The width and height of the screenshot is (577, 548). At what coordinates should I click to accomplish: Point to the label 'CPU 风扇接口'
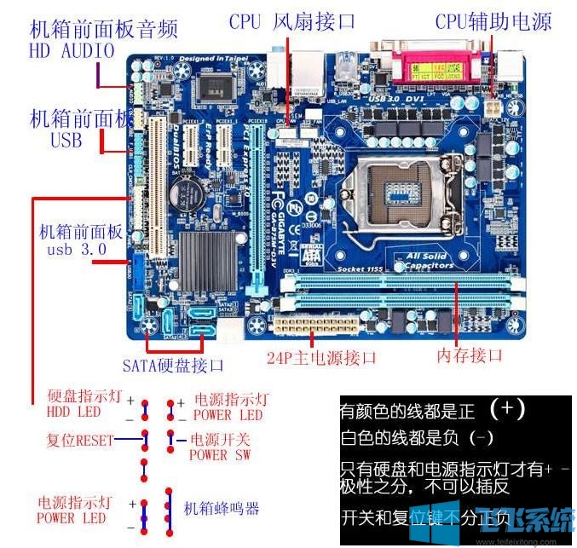(x=292, y=21)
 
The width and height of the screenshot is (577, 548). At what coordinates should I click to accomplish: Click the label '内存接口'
(x=470, y=355)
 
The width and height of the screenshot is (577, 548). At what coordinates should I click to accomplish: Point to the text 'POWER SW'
(x=220, y=455)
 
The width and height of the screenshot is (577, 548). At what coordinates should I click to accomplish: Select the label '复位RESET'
(x=80, y=441)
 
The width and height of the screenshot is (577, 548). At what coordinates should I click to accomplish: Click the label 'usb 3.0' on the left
(x=77, y=250)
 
